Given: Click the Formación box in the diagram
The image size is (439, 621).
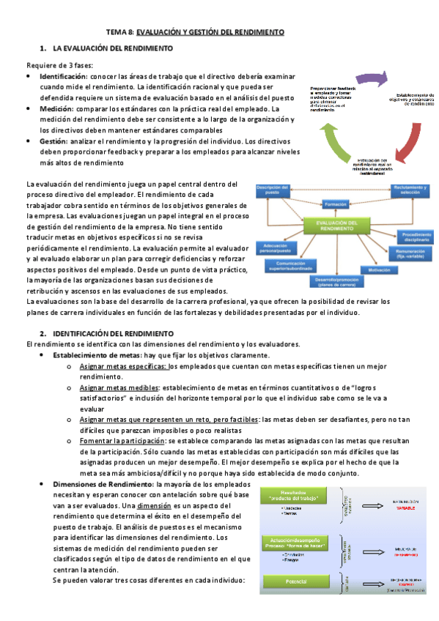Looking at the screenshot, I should [336, 204].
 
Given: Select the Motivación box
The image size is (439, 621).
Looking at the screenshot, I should [379, 269].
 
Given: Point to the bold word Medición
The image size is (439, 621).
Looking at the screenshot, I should [56, 108].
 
